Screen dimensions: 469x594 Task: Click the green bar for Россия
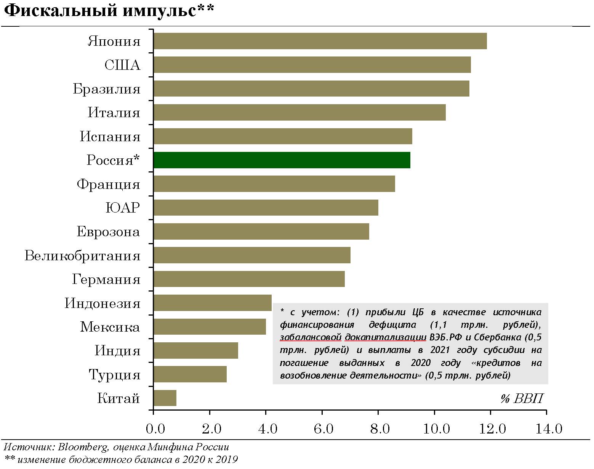click(x=282, y=160)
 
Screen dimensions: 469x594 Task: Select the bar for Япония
click(x=320, y=41)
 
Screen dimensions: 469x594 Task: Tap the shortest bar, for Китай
click(x=165, y=398)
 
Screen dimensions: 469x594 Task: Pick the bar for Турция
click(x=190, y=374)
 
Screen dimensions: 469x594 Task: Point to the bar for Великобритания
click(x=251, y=255)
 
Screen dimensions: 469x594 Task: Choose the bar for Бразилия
click(x=311, y=89)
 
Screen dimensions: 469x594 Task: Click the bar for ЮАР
click(x=266, y=208)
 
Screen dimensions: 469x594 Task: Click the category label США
click(x=122, y=65)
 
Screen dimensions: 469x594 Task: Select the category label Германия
click(x=106, y=279)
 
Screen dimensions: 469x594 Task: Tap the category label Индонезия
click(x=102, y=303)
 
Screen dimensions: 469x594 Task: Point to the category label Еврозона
click(x=109, y=232)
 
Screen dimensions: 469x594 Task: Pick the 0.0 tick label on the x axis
click(x=155, y=429)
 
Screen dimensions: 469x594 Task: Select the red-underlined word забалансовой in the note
click(x=311, y=337)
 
